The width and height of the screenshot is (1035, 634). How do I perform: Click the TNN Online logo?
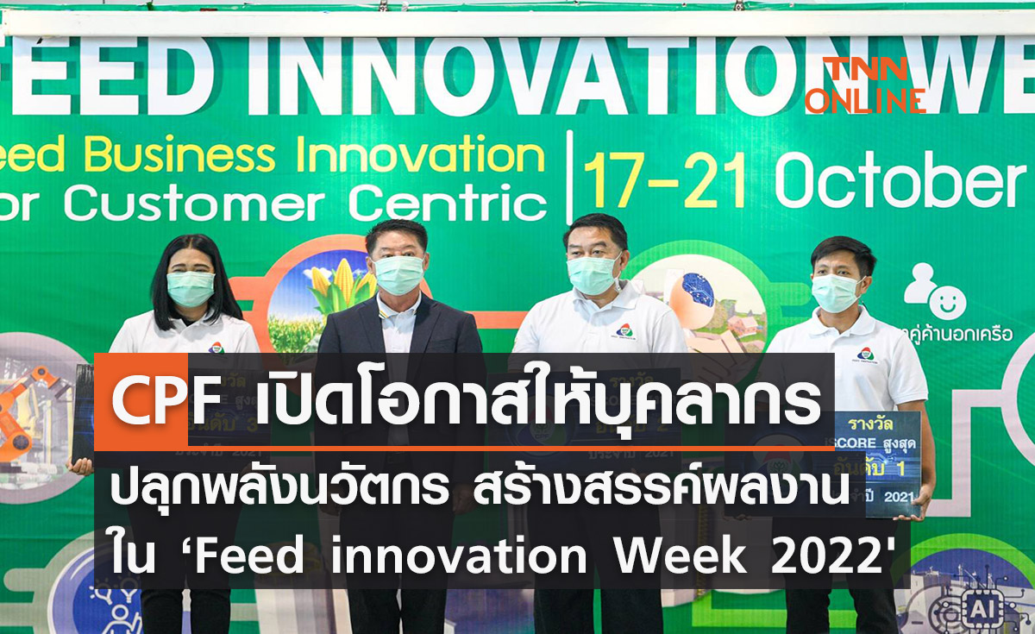(865, 85)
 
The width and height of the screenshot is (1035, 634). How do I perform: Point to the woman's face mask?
(190, 288)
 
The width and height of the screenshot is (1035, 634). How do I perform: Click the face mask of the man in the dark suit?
(399, 273)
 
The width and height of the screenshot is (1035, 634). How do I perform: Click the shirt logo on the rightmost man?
(865, 354)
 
